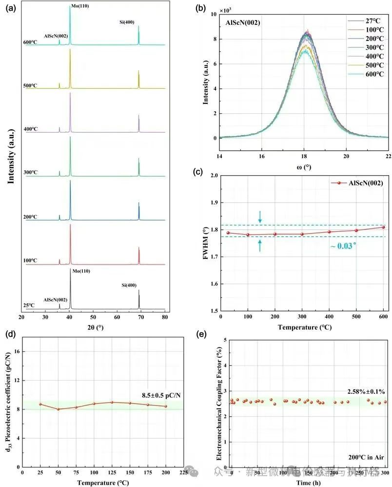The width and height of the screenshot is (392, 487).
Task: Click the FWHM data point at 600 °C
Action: pos(383,227)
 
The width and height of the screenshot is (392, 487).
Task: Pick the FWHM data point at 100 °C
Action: pos(248,235)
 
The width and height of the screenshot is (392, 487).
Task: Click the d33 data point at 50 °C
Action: pos(59,409)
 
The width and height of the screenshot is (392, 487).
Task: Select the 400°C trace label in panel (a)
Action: pos(31,129)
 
